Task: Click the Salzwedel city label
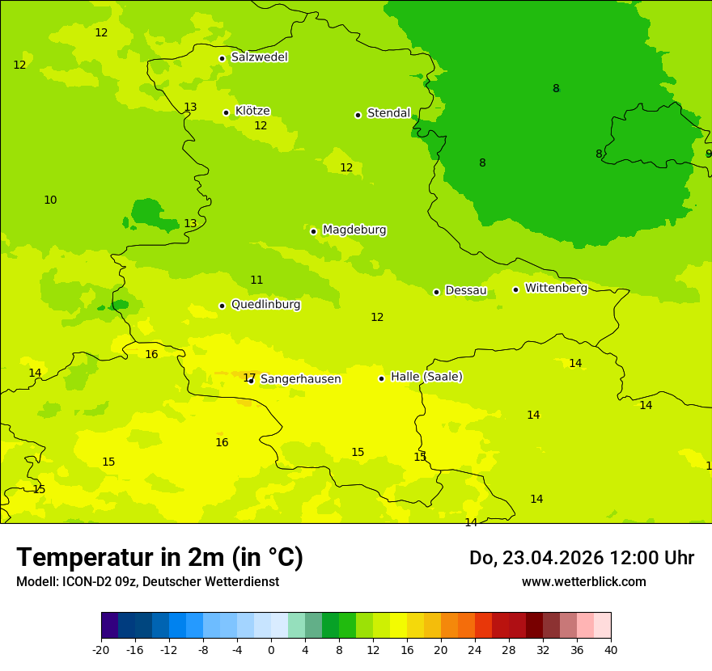(x=259, y=57)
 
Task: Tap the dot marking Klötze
(x=226, y=112)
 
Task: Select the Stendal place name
(x=388, y=113)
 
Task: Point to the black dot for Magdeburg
(x=313, y=231)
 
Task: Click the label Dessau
(x=466, y=290)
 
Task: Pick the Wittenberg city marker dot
(x=515, y=289)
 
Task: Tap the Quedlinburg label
(x=265, y=305)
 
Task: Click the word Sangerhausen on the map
(x=300, y=379)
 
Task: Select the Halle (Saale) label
(x=426, y=377)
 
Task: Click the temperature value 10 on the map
(x=50, y=200)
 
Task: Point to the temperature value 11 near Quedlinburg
(x=256, y=280)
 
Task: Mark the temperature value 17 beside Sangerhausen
(x=248, y=378)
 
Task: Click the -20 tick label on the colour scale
(x=101, y=649)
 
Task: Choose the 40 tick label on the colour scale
(x=611, y=649)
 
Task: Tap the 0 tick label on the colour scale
(x=271, y=649)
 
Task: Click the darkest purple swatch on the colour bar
(x=109, y=626)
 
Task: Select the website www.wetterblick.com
(x=583, y=582)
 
